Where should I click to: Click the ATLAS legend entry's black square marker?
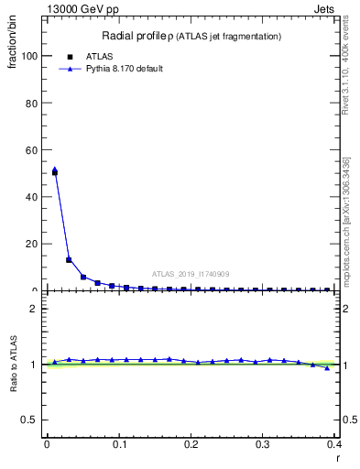(x=71, y=57)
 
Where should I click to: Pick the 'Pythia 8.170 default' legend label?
(x=124, y=69)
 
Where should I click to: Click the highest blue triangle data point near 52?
(x=54, y=169)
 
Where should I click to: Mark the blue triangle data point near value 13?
(x=69, y=259)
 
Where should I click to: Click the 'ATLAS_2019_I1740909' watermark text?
(x=191, y=274)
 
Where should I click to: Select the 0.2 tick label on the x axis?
(x=191, y=444)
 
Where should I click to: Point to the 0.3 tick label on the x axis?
(x=263, y=444)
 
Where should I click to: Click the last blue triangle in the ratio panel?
(x=327, y=368)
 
